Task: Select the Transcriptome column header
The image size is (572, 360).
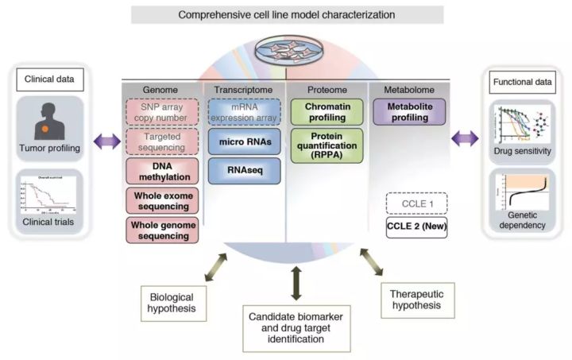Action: click(x=241, y=89)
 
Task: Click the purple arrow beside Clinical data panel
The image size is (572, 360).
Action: click(x=106, y=141)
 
